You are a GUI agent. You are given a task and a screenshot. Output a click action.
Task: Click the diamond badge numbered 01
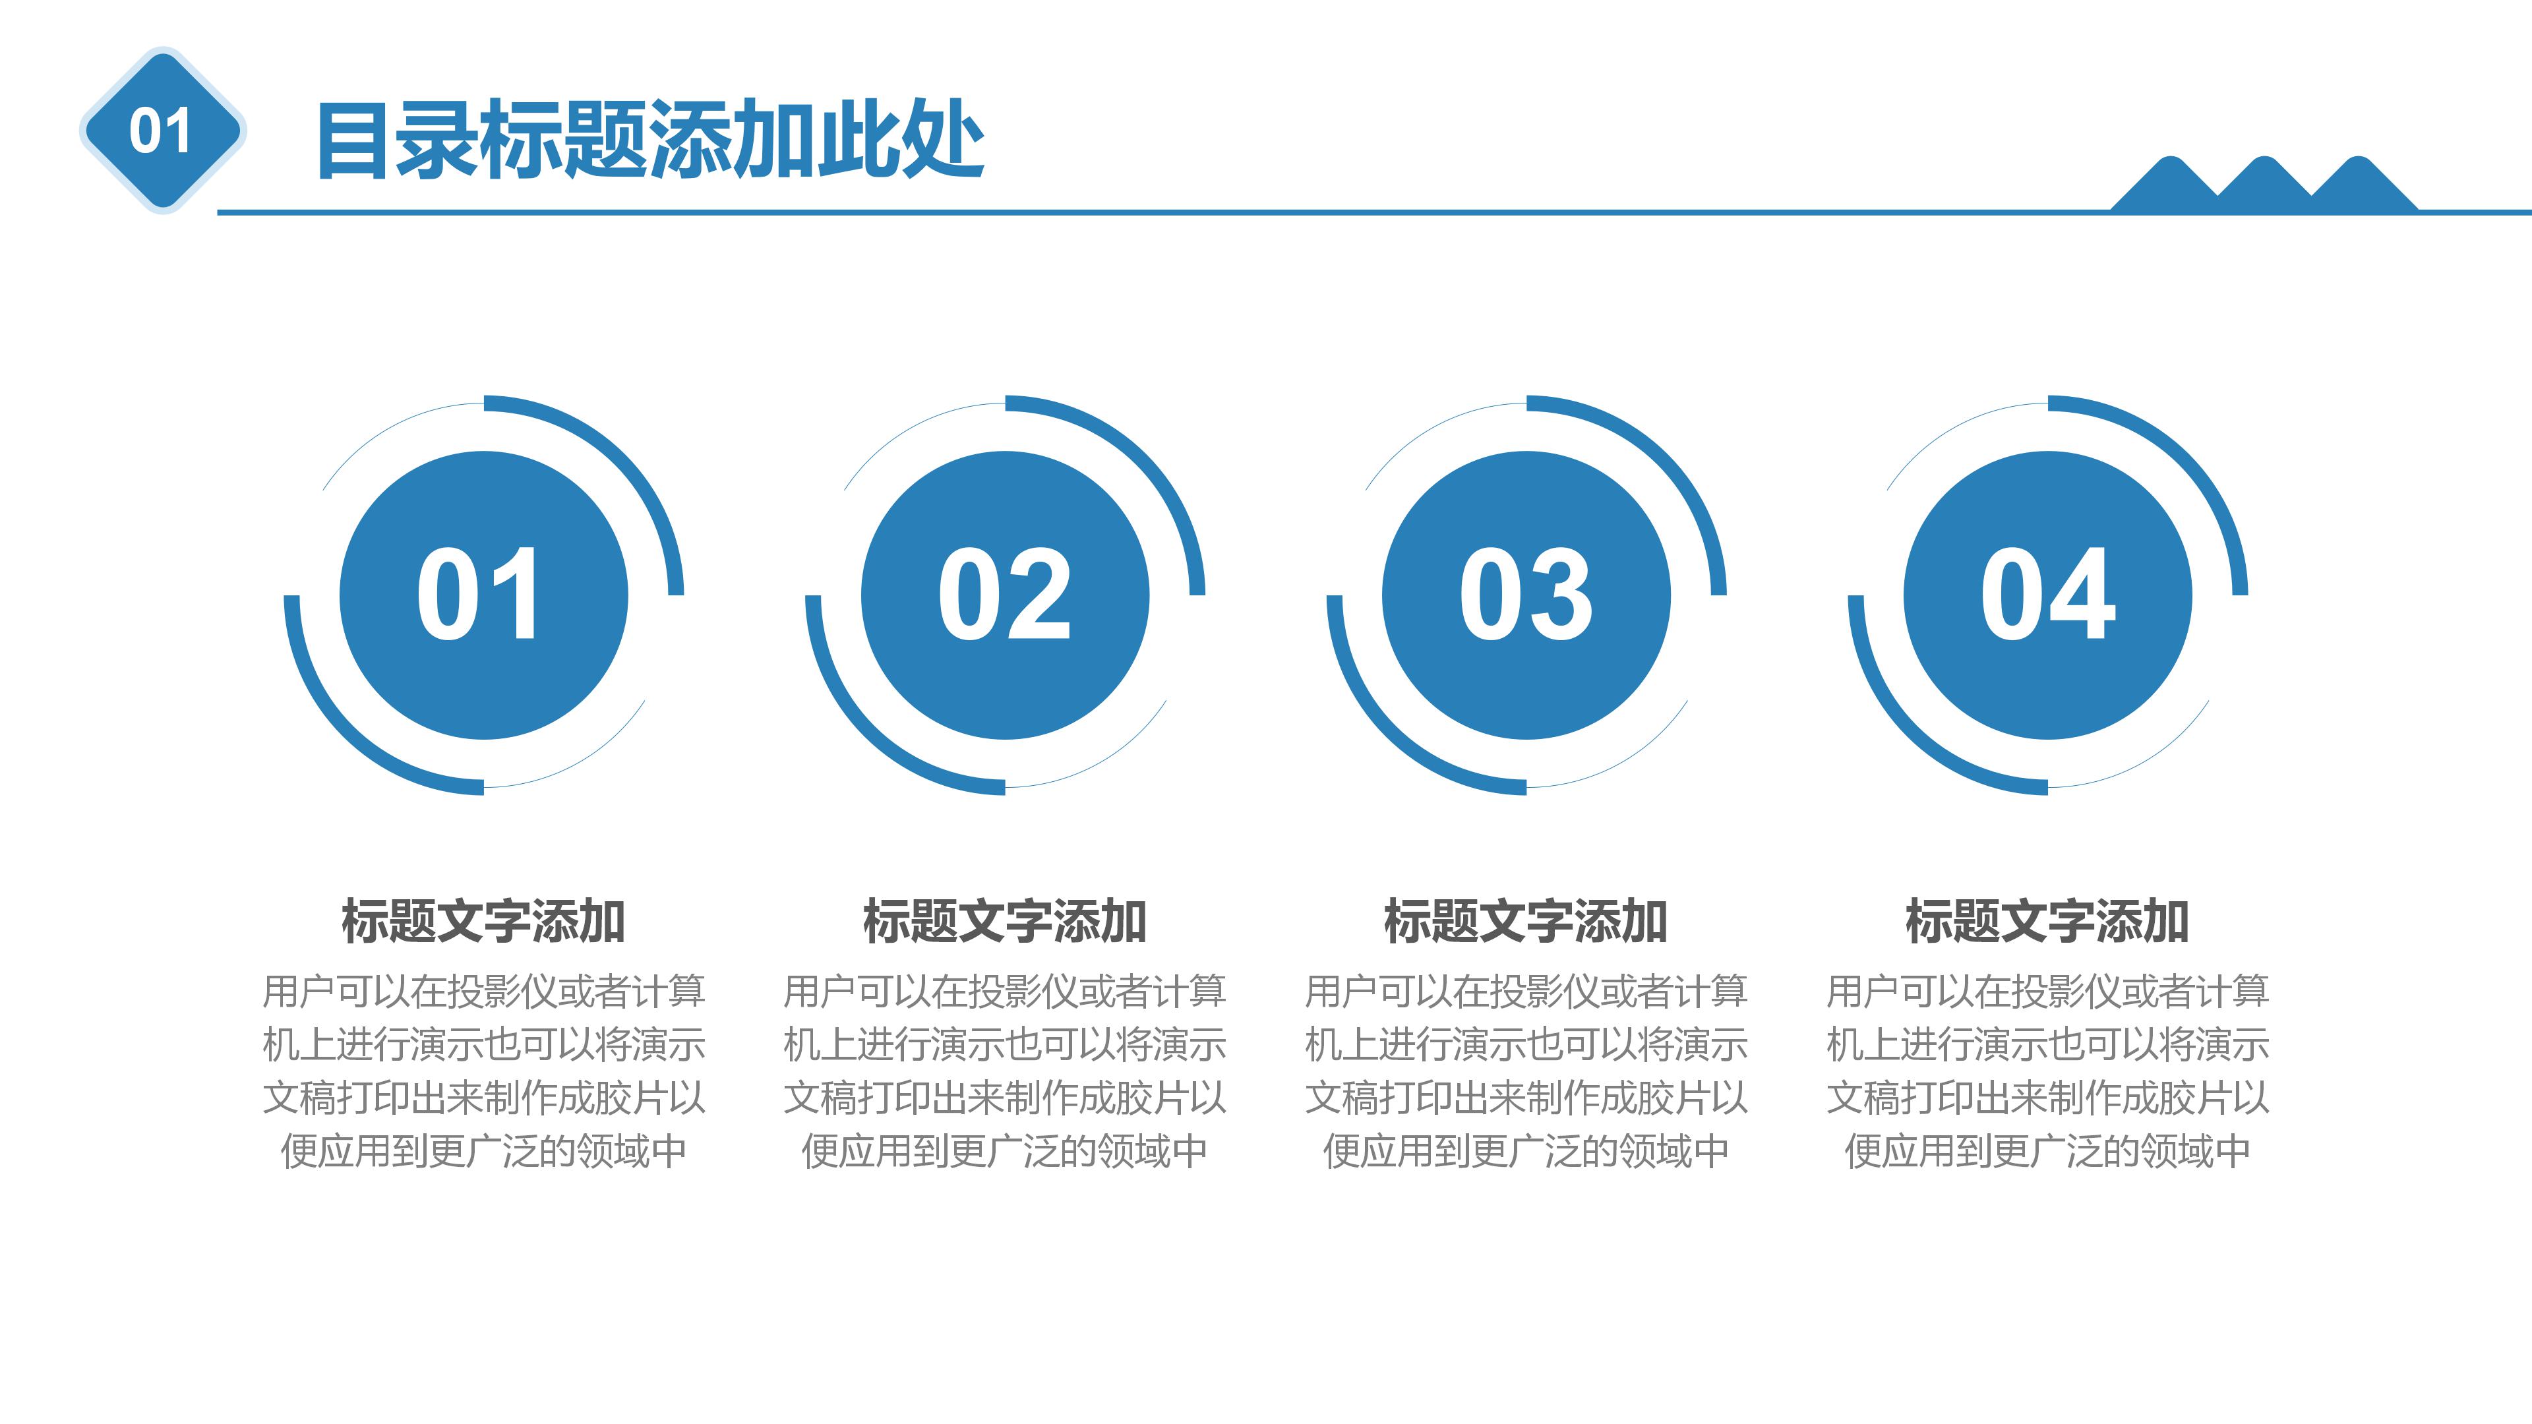point(162,131)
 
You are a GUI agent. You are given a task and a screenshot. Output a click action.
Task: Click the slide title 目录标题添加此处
point(649,140)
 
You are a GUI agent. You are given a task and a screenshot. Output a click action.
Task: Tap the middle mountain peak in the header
point(2264,183)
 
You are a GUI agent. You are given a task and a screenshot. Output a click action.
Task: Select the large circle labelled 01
point(483,595)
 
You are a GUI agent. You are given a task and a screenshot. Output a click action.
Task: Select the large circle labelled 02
point(1004,595)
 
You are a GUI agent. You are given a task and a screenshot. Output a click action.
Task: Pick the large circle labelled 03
point(1526,595)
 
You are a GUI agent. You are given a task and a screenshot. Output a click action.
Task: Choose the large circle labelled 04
point(2047,595)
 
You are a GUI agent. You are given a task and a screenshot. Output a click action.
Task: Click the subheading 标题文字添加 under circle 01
point(483,921)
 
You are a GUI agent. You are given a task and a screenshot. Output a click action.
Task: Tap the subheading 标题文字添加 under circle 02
point(1004,921)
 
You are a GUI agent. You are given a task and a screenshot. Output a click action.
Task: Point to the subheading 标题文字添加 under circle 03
point(1526,921)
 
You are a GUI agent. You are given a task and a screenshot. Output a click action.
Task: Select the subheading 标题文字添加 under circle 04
point(2047,921)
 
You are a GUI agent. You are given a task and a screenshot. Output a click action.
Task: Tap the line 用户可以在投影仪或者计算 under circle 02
point(1004,991)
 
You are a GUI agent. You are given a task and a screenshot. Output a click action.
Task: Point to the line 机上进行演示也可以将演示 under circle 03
point(1526,1044)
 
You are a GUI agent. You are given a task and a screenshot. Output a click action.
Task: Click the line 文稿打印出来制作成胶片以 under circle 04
point(2047,1097)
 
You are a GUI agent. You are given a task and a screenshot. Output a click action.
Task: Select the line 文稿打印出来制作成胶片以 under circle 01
point(483,1097)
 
